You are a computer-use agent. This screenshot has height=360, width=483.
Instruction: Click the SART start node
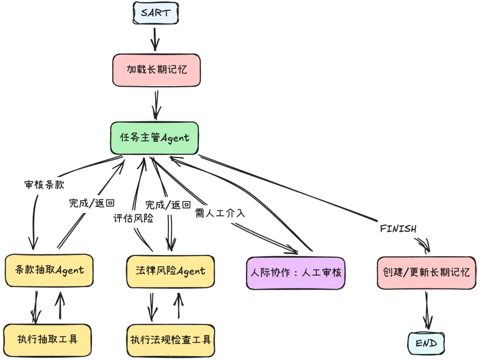(155, 13)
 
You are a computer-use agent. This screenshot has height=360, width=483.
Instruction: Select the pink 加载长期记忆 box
(156, 70)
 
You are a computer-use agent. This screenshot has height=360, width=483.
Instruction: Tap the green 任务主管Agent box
(154, 138)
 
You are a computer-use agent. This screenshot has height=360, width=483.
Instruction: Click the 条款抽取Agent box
(49, 270)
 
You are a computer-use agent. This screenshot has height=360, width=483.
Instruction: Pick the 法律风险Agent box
(170, 271)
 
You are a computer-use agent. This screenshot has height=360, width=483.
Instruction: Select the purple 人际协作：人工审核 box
(296, 273)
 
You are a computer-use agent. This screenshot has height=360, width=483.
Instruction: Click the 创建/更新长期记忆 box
(426, 272)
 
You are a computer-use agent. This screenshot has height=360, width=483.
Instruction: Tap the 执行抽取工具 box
(47, 339)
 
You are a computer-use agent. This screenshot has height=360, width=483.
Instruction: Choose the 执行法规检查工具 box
(170, 339)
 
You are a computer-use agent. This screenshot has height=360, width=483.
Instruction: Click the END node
(426, 344)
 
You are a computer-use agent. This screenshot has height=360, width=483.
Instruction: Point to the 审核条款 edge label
(44, 185)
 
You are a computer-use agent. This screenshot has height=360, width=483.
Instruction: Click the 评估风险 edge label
(133, 218)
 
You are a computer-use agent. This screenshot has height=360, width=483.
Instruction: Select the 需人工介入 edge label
(220, 213)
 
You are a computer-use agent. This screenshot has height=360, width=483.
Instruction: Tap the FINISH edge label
(398, 229)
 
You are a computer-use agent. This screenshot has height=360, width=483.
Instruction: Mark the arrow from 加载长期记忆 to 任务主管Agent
(156, 104)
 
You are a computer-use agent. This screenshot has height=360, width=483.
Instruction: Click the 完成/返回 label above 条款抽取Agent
(92, 204)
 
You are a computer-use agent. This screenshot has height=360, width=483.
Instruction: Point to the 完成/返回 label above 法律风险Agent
(168, 205)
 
